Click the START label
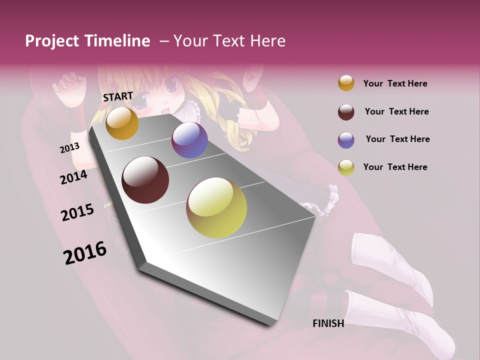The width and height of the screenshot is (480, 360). pos(118,96)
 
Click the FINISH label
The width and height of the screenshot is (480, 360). pos(328,323)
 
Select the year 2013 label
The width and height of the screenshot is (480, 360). pos(69,148)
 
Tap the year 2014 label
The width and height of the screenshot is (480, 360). pos(73,177)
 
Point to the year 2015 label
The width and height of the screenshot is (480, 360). pos(77,212)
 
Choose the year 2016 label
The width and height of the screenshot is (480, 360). pos(85,252)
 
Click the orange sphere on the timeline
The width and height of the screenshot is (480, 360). pos(122,123)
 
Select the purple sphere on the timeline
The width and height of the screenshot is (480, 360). pos(189,140)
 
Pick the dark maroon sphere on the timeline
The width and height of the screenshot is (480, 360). pos(145,180)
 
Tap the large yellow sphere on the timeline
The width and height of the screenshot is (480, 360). pos(216,207)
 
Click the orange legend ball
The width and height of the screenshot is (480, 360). pos(346,83)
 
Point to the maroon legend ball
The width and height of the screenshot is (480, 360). pos(346,111)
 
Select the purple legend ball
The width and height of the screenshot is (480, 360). pos(346,139)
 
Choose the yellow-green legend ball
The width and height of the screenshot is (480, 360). pos(346,167)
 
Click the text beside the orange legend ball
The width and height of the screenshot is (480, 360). pos(395,83)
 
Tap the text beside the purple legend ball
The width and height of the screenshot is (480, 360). pos(397,139)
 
